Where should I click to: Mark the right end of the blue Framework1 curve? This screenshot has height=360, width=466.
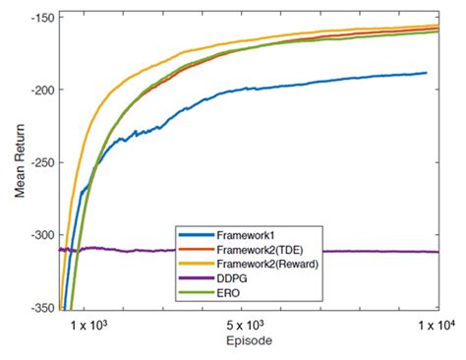(x=427, y=73)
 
